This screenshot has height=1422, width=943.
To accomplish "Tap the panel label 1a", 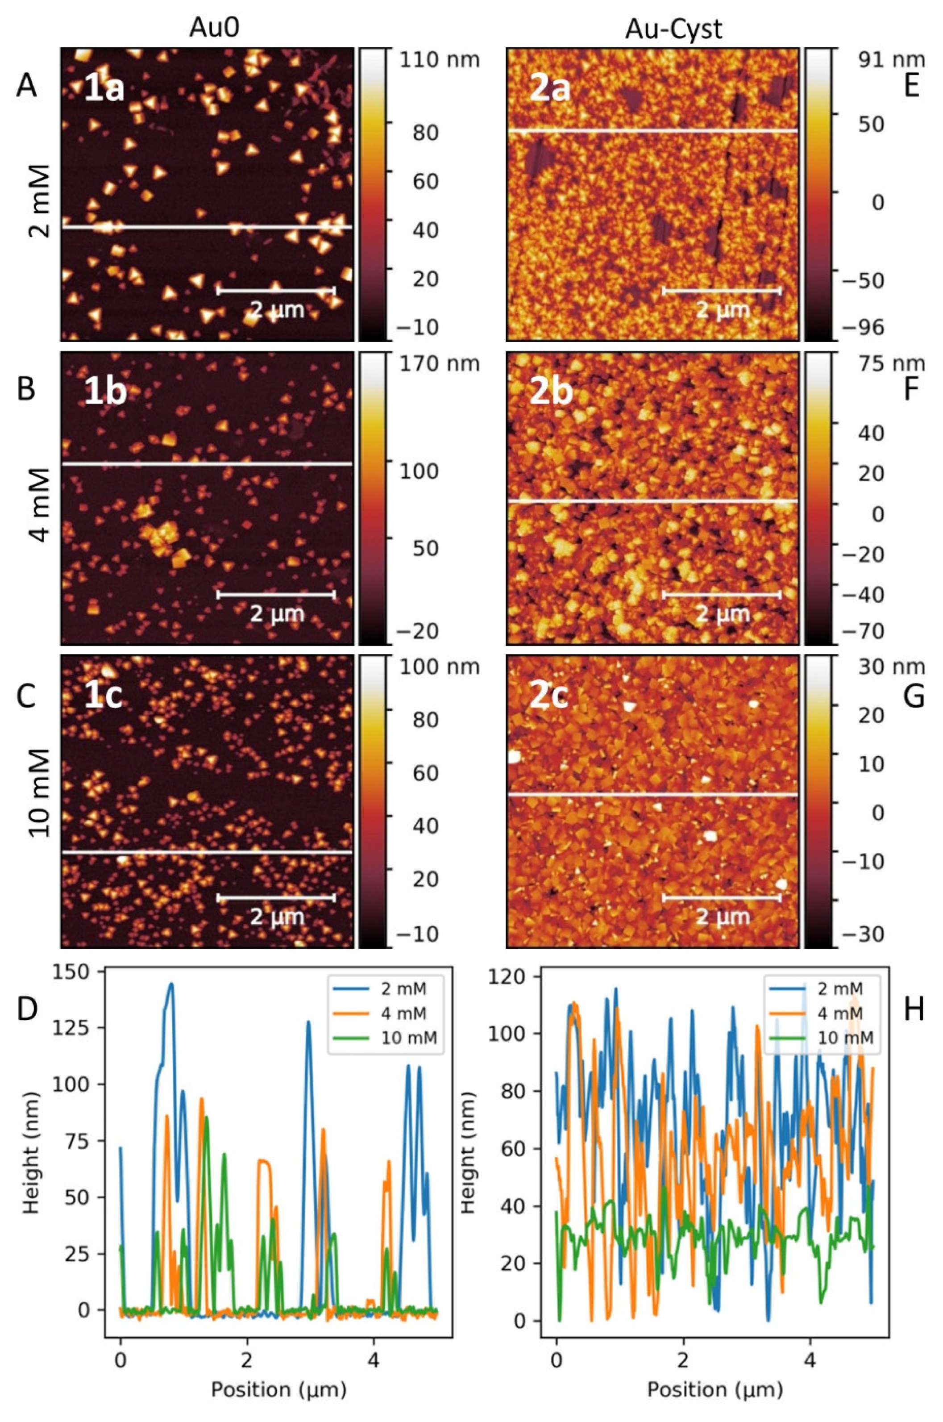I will pos(104,88).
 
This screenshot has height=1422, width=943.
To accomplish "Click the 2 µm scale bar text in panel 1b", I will pos(277,614).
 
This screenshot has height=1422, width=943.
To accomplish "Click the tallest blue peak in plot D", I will pos(171,985).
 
